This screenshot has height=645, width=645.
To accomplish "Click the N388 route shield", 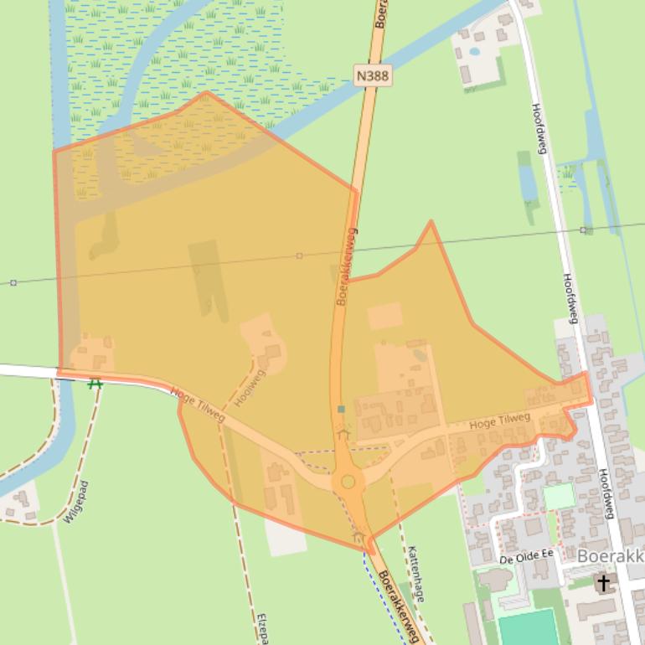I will [373, 76].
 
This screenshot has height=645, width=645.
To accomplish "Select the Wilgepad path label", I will [75, 502].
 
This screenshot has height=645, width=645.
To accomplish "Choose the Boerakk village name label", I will [611, 555].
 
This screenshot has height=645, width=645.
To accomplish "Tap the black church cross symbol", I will [603, 582].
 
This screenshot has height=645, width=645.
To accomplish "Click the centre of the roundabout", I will [348, 482].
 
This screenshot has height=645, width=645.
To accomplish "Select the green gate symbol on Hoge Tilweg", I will [95, 384].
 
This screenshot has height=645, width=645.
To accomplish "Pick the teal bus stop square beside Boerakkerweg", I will [341, 409].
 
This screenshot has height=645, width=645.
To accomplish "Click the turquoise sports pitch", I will [528, 628].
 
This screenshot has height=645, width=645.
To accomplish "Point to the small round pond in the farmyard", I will [475, 51].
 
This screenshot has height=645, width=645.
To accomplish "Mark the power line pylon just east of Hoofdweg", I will [584, 230].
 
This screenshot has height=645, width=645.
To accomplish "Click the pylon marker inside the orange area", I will [299, 255].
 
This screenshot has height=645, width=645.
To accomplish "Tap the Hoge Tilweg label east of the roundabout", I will [500, 421].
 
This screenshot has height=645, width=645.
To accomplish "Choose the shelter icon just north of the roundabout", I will [343, 432].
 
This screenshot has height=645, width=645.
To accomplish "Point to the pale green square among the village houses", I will [559, 496].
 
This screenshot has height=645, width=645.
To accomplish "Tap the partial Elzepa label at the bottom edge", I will [262, 628].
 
